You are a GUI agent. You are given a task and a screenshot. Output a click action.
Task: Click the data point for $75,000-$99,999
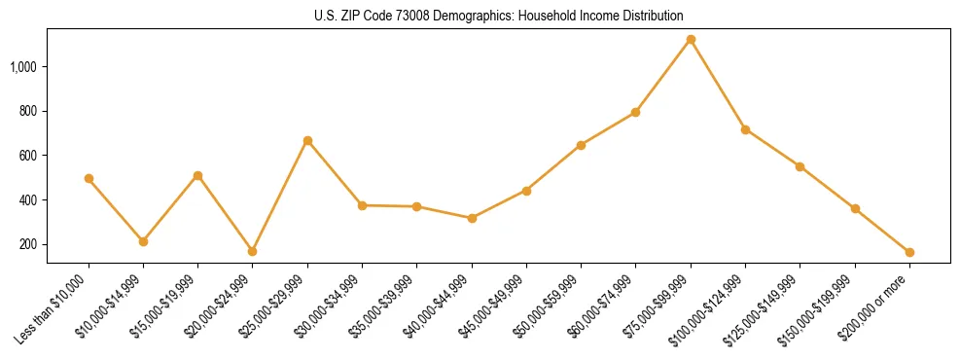(x=691, y=40)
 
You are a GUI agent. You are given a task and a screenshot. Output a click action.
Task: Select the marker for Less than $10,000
(x=89, y=179)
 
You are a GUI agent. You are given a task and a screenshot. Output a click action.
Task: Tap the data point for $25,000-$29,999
(x=307, y=141)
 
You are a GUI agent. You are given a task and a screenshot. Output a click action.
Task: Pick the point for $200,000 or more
(x=909, y=252)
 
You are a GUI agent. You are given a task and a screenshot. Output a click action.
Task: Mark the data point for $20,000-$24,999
(x=253, y=251)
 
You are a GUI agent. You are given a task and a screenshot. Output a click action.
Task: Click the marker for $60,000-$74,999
(x=635, y=113)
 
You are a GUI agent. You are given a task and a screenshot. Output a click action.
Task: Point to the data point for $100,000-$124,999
(x=745, y=129)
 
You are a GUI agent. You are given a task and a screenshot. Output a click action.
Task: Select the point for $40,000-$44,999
(x=472, y=218)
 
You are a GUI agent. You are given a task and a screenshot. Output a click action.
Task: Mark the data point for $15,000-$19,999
(x=197, y=176)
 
